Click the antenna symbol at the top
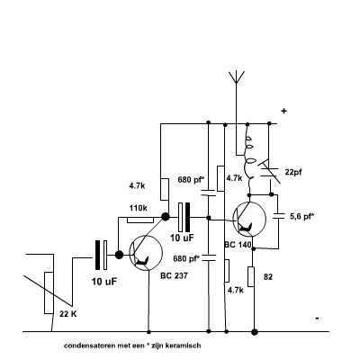point(237,77)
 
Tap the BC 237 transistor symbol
point(146,253)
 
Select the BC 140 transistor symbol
point(249,219)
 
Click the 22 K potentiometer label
point(68,314)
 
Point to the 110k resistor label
point(139,208)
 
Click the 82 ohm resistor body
point(251,276)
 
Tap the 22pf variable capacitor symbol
point(270,172)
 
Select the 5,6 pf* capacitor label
point(302,217)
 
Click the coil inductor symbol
point(249,159)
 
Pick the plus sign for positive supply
point(283,111)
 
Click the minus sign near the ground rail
point(317,319)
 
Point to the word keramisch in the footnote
point(185,346)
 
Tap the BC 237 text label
point(174,275)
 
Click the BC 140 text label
point(238,245)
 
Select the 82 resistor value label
point(268,277)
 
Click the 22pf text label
point(293,172)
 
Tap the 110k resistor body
point(140,220)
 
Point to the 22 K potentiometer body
point(49,292)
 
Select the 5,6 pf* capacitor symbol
point(279,216)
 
